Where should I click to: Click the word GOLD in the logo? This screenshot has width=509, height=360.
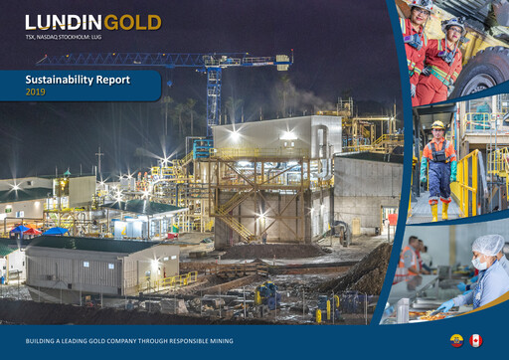point(132,22)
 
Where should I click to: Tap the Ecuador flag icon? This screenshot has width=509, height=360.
point(457,340)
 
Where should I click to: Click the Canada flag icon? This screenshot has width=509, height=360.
point(476,340)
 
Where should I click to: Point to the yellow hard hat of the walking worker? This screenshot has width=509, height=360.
point(437,125)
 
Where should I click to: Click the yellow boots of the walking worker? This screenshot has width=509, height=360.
point(438,211)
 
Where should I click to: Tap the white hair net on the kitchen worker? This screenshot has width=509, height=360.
point(488,245)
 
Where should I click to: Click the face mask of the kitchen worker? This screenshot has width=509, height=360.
point(479,265)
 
